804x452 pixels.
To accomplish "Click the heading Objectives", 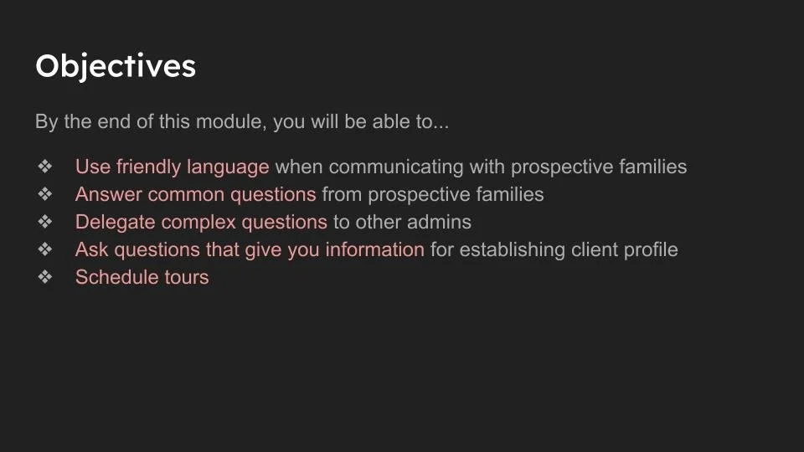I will click(116, 66).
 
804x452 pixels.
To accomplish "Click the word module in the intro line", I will click(228, 121).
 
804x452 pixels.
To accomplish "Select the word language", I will click(229, 167).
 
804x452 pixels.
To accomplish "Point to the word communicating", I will click(395, 167).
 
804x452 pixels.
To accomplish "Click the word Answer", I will click(109, 194).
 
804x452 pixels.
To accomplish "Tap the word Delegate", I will click(115, 222).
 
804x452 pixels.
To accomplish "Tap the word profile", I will click(649, 249).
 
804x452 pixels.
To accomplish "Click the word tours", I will click(186, 277).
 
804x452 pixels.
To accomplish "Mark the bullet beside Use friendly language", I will click(45, 167).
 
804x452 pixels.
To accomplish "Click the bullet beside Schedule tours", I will click(45, 277).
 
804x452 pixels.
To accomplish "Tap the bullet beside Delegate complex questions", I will click(45, 222).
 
